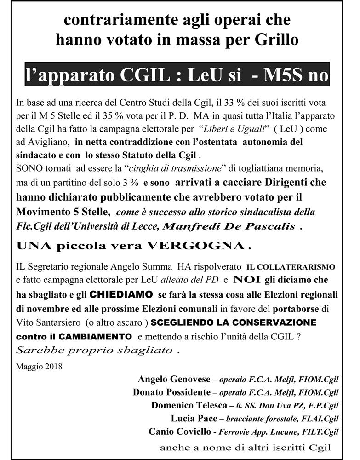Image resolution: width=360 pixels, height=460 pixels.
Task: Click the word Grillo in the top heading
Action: [x=275, y=40]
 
